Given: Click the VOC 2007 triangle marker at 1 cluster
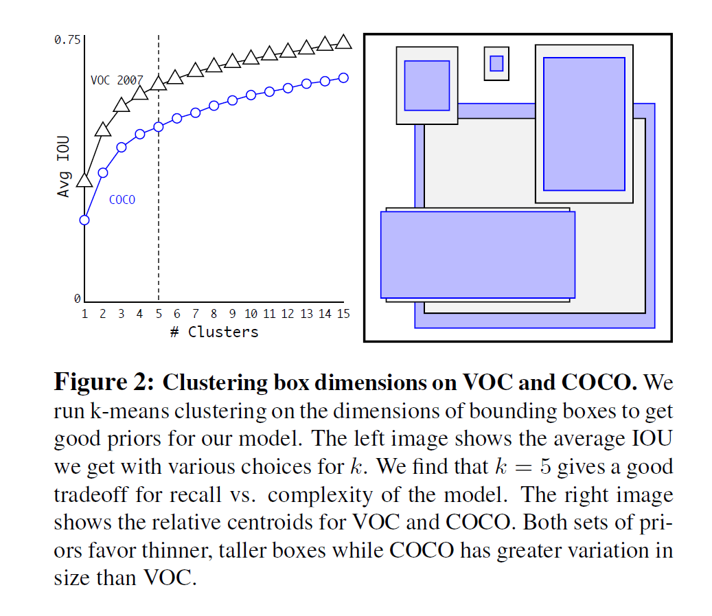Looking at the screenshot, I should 84,181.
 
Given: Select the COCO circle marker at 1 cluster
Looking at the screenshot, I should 84,220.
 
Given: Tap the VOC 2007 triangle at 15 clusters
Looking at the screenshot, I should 344,43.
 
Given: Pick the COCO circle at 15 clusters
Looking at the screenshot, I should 344,78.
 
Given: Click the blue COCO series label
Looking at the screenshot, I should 122,200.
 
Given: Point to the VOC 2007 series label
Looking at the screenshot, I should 117,80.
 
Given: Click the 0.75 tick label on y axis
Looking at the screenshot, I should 67,40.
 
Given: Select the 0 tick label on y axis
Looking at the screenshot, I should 78,298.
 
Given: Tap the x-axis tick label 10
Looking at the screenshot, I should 251,314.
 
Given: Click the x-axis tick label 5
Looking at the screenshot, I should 159,314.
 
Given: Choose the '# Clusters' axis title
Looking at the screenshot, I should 214,332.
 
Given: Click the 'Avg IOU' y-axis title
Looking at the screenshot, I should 64,167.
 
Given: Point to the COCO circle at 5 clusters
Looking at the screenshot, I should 159,126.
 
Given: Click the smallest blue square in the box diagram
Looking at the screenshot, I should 496,63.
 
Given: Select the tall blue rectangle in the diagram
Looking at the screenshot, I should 584,124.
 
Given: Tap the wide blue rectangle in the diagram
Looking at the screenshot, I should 477,254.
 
